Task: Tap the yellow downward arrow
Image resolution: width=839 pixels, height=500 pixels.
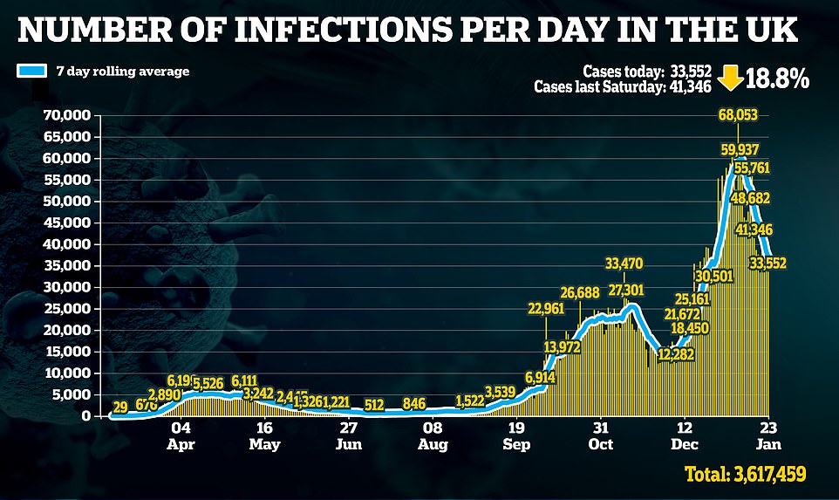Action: (x=730, y=79)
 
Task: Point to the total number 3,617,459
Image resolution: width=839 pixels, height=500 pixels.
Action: (x=755, y=476)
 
